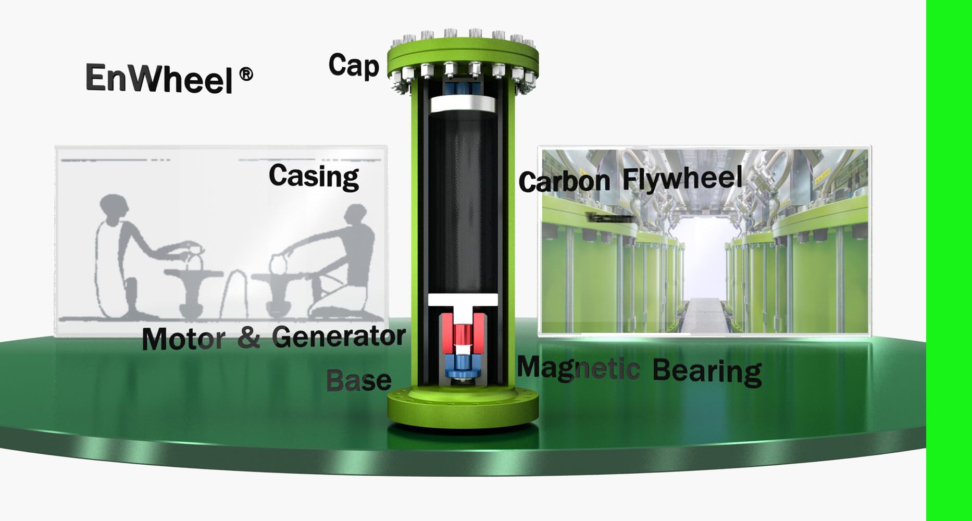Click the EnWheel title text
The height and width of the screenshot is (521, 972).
click(159, 79)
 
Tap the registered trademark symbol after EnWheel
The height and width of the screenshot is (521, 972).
click(246, 75)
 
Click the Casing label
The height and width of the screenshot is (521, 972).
click(314, 176)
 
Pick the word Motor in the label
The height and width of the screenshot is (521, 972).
click(183, 339)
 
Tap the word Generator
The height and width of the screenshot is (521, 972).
click(339, 337)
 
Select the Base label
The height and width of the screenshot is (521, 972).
click(358, 381)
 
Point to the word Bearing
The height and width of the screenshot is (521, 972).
click(707, 371)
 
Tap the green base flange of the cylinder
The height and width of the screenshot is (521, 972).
click(463, 410)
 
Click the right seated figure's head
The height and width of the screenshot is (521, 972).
click(356, 215)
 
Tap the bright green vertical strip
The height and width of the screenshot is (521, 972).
click(949, 260)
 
